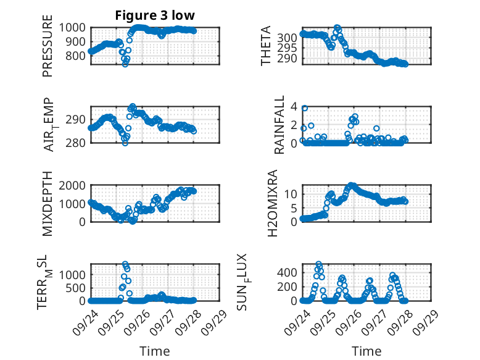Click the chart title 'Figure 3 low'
[155, 15]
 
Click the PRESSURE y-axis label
[48, 51]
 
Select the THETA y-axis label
[266, 46]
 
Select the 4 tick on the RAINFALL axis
[294, 106]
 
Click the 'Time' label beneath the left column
[155, 351]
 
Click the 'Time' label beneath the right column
[366, 351]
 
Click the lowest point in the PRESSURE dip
[125, 64]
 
